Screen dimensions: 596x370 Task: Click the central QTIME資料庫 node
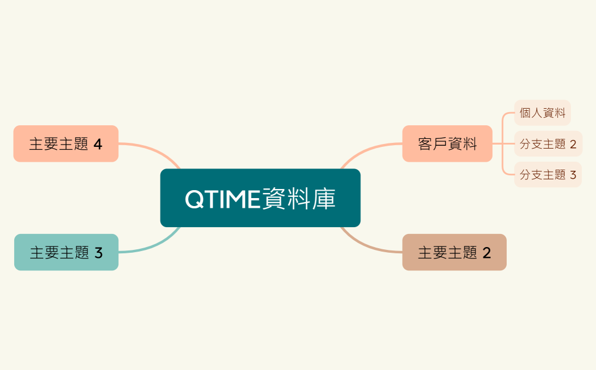pyautogui.click(x=260, y=198)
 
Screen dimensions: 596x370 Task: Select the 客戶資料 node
pyautogui.click(x=447, y=143)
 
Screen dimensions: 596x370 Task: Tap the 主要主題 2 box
pyautogui.click(x=454, y=252)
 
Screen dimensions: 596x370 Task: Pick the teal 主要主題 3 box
pyautogui.click(x=66, y=252)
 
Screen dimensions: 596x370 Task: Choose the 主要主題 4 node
pyautogui.click(x=66, y=143)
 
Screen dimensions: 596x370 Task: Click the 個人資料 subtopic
pyautogui.click(x=542, y=113)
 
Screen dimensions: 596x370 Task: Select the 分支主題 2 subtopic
pyautogui.click(x=548, y=144)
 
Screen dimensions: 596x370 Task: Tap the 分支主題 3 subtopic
pyautogui.click(x=548, y=175)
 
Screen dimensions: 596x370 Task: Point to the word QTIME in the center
pyautogui.click(x=222, y=199)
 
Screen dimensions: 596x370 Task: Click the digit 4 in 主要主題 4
pyautogui.click(x=98, y=144)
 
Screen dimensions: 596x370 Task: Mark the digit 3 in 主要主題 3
pyautogui.click(x=98, y=253)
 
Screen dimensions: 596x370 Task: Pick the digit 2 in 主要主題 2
pyautogui.click(x=486, y=253)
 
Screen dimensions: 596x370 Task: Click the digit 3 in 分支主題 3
pyautogui.click(x=573, y=175)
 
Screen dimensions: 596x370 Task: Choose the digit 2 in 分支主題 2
pyautogui.click(x=573, y=145)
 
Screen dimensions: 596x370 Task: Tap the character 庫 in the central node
pyautogui.click(x=324, y=199)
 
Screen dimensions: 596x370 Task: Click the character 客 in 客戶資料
pyautogui.click(x=425, y=144)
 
